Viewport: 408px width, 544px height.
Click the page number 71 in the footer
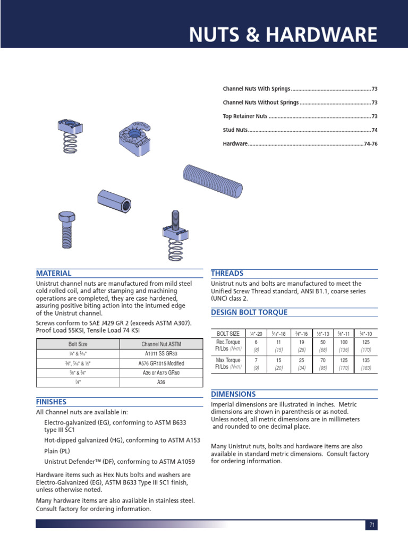(372, 525)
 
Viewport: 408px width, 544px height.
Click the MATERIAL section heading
(53, 273)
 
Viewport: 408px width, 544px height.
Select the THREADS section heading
(227, 273)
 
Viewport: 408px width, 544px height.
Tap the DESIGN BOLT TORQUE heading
(249, 312)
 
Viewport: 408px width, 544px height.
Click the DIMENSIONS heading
(233, 394)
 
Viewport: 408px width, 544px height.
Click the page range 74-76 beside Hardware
(370, 144)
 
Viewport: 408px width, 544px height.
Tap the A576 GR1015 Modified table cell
(161, 363)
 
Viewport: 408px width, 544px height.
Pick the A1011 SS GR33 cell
(161, 354)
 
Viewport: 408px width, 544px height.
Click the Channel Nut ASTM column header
(161, 344)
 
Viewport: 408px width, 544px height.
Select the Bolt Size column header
(78, 344)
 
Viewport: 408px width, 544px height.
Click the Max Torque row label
(228, 364)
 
